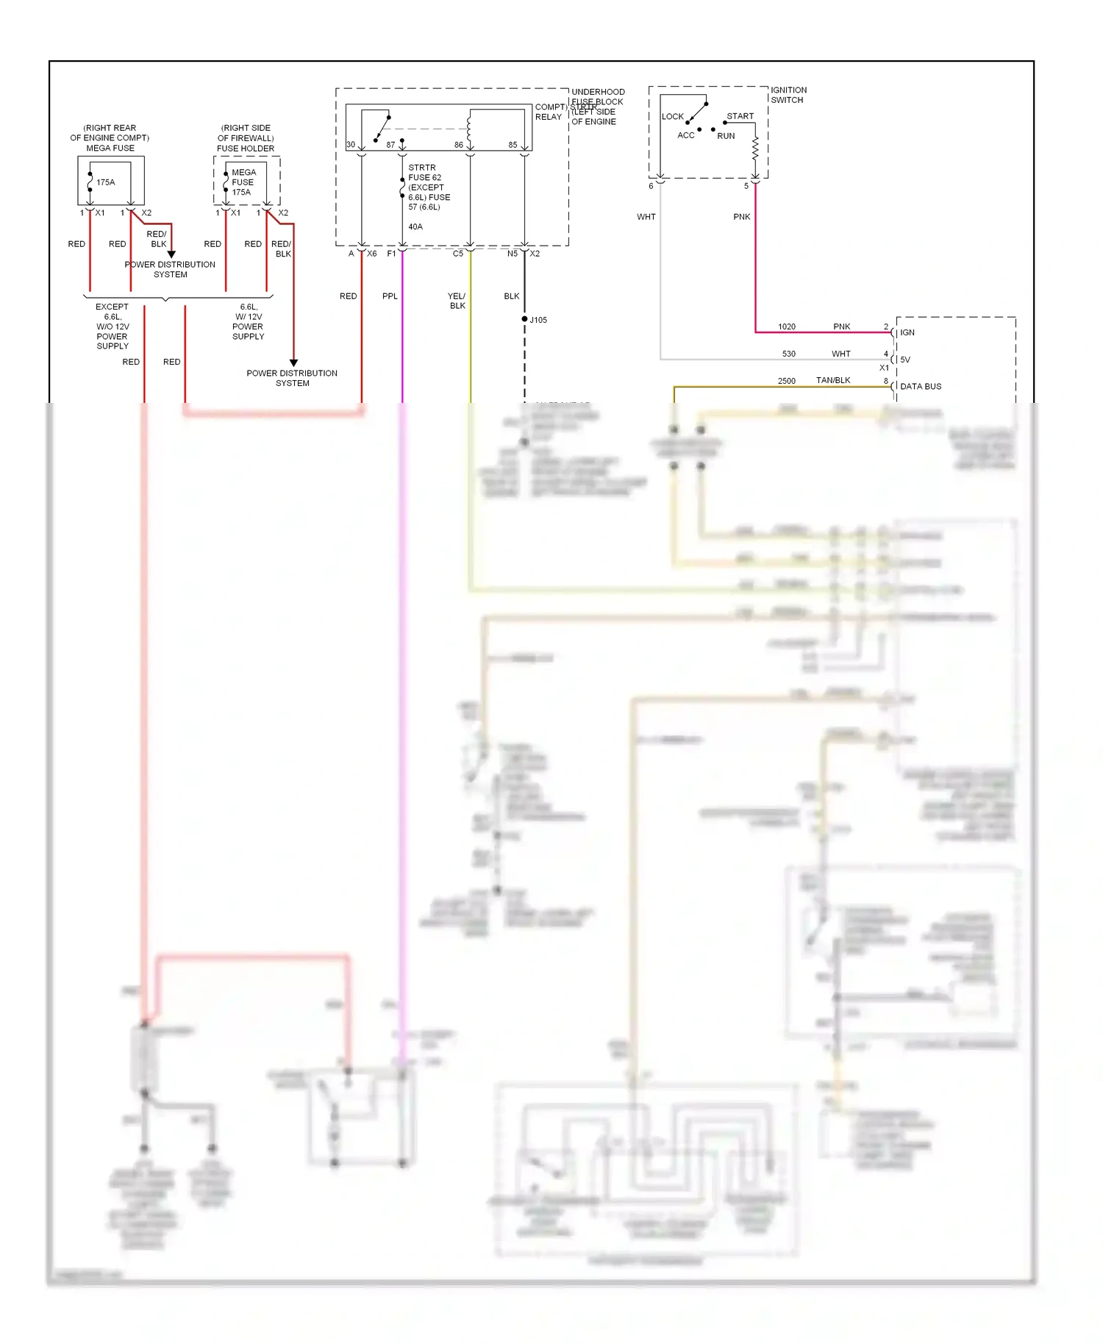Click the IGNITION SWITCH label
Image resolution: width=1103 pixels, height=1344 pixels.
(x=788, y=95)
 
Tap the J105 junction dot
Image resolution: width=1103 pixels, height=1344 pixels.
(x=524, y=319)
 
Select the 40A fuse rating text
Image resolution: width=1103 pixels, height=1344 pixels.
(x=415, y=226)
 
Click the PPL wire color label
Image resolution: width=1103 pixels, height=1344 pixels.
(x=390, y=296)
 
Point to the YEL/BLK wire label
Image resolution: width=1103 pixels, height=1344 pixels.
(x=457, y=301)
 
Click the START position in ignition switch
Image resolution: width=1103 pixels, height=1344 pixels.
(x=740, y=116)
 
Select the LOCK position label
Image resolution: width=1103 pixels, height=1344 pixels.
(x=672, y=116)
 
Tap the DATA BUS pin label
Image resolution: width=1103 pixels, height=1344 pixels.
(x=921, y=386)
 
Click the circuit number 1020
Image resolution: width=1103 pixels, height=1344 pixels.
(x=787, y=326)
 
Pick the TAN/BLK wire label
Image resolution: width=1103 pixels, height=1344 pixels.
(x=833, y=380)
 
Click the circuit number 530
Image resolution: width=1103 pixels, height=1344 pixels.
(x=788, y=354)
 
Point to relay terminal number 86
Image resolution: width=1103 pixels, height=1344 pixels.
(x=459, y=145)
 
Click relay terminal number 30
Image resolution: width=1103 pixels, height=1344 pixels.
(x=351, y=145)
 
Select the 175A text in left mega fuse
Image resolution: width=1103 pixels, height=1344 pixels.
(x=106, y=182)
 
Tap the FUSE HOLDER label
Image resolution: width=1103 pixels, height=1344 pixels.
(x=246, y=149)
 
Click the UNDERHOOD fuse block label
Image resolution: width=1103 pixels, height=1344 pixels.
(x=598, y=92)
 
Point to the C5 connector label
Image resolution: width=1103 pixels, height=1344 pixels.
(x=458, y=254)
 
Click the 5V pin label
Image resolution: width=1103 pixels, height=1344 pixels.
(x=905, y=360)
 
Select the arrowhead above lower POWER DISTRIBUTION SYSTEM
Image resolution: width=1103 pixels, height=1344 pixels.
(x=293, y=362)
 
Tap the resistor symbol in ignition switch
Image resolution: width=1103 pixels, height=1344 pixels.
(x=755, y=149)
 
